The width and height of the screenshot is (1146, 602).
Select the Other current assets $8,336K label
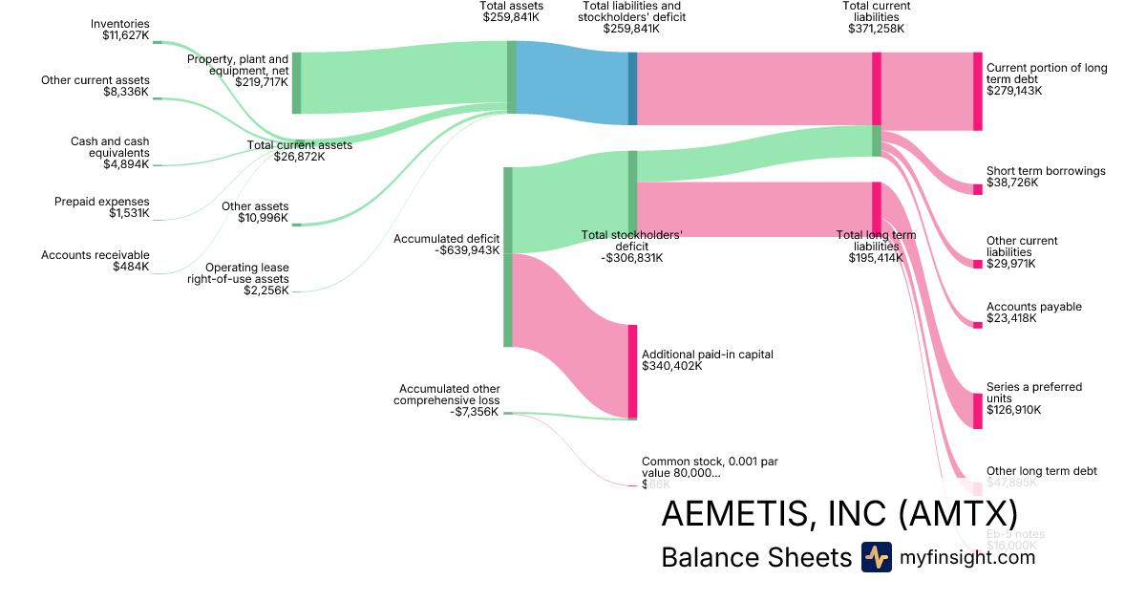pos(95,86)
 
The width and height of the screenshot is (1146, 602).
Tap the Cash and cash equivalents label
pos(110,153)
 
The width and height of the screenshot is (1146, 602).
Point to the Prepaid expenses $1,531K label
pos(102,207)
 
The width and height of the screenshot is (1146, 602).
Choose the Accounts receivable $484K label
pos(95,261)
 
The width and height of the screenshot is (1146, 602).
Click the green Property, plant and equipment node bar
pos(296,83)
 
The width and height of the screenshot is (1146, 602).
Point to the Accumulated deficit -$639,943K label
pos(447,245)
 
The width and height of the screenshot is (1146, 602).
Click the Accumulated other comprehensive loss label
pos(448,399)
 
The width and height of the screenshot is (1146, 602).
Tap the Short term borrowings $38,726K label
pos(1046,177)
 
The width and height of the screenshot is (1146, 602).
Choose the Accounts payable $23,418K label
pos(1034,312)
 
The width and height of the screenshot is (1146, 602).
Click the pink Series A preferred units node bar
pos(977,411)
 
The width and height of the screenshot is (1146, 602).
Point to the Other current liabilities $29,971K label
pos(1023,252)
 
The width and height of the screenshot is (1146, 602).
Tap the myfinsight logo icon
pos(876,557)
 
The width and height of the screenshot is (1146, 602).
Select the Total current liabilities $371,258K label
pos(876,16)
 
